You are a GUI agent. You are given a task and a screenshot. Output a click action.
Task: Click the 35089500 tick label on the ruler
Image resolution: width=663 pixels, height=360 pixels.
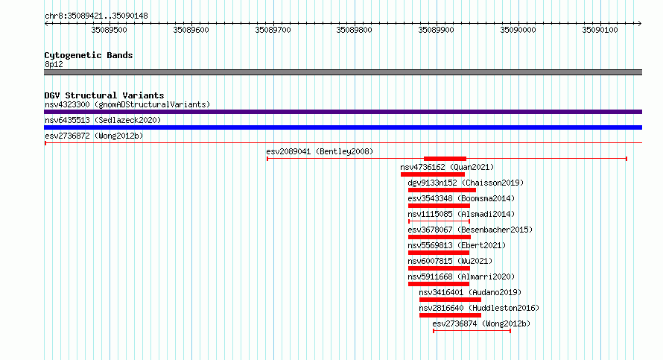(x=109, y=30)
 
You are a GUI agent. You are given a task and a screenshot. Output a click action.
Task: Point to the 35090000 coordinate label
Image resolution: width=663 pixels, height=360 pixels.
(x=518, y=30)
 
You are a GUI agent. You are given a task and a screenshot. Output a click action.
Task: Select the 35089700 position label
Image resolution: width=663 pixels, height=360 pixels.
(x=273, y=30)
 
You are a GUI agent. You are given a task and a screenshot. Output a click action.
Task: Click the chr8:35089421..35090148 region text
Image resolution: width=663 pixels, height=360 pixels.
(x=96, y=16)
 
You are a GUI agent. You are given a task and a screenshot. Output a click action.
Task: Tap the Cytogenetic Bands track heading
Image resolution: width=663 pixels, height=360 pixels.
(x=89, y=55)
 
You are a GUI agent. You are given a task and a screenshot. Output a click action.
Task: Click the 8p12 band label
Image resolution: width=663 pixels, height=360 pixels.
(x=54, y=64)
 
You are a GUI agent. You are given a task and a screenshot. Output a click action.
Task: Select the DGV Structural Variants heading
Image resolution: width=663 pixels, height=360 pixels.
(x=104, y=95)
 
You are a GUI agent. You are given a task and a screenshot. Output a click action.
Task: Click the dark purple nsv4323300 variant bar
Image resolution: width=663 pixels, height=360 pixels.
(x=343, y=112)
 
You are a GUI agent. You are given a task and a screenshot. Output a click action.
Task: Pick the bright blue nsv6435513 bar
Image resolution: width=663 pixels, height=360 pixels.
(x=343, y=127)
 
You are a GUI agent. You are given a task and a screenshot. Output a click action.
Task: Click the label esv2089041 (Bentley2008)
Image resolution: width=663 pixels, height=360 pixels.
(x=320, y=151)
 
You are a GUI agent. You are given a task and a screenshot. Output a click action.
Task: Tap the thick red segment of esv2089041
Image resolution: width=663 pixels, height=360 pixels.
(x=445, y=159)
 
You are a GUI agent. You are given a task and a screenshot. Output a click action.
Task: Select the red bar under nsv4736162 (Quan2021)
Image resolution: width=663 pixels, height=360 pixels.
(x=433, y=174)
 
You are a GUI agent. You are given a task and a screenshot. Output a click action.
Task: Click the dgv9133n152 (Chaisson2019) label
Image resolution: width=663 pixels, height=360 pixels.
(x=466, y=183)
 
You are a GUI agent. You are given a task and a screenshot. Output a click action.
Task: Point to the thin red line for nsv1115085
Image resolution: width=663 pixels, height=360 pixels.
(x=440, y=221)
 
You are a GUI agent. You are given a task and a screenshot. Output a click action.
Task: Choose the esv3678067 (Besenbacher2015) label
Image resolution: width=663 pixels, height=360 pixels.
(x=470, y=230)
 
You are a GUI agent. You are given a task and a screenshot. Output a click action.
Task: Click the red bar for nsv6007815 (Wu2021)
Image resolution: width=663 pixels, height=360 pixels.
(x=439, y=268)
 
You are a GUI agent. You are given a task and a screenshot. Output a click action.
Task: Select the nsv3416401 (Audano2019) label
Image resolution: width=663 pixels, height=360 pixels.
(x=470, y=292)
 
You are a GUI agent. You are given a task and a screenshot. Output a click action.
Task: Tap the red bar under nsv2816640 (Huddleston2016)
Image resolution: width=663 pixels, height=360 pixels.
(x=450, y=315)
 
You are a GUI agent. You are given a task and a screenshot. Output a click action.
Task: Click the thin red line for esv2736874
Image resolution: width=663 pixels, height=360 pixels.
(x=472, y=331)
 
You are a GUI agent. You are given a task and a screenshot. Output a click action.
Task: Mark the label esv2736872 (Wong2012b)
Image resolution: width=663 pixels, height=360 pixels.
(x=94, y=136)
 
